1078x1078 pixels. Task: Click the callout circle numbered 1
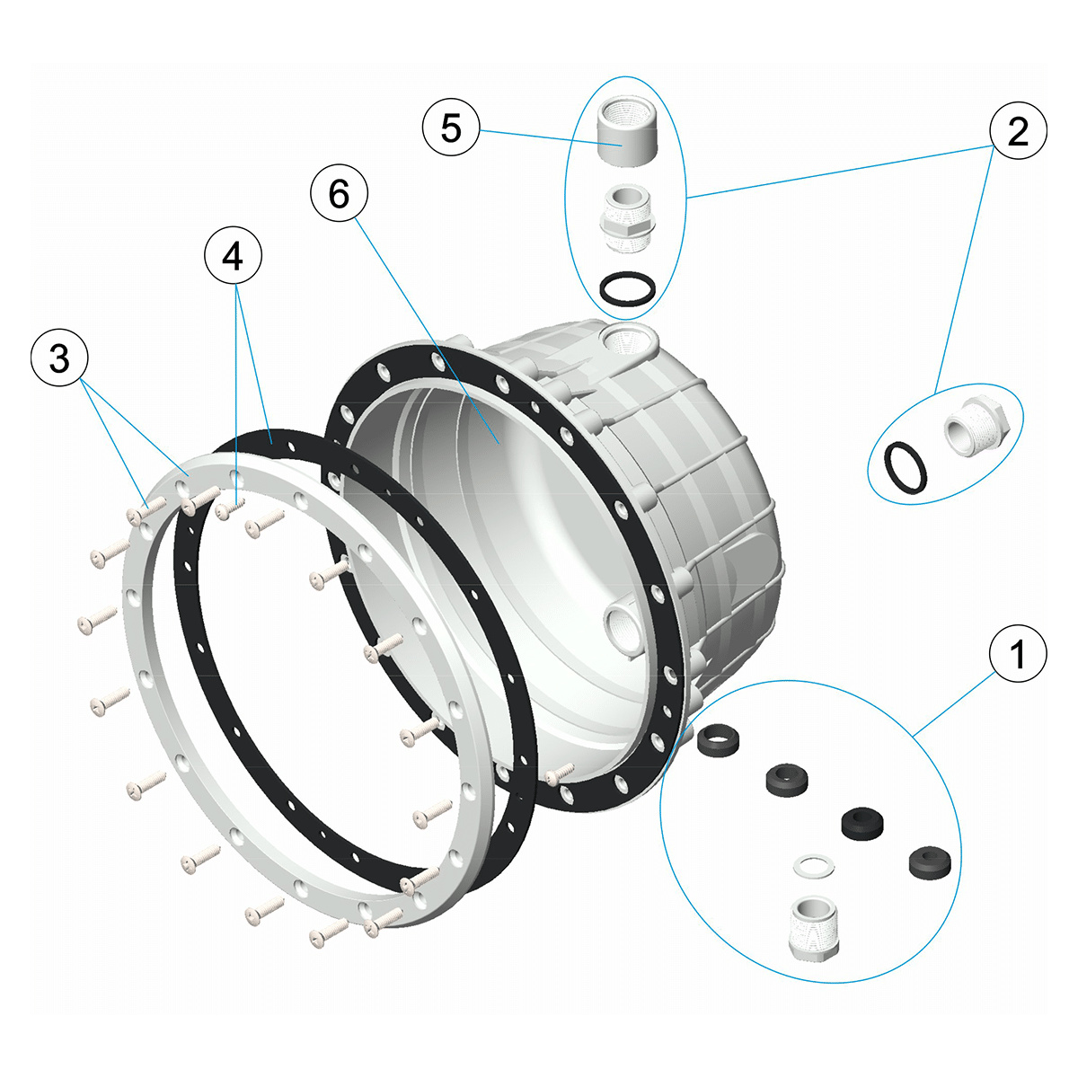coord(1018,653)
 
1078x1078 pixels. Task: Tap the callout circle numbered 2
coord(1018,130)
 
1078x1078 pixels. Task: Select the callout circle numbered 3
coord(59,358)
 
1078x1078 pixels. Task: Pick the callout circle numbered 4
coord(234,256)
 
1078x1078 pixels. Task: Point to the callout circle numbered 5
coord(451,127)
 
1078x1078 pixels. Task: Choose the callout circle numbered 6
coord(339,193)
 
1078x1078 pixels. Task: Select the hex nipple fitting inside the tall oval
coord(627,218)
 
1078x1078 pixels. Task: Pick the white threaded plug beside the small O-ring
coord(976,426)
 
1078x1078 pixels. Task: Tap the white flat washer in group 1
coord(814,865)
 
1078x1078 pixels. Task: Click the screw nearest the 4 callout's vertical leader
coord(230,508)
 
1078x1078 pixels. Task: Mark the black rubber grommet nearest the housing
coord(719,740)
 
